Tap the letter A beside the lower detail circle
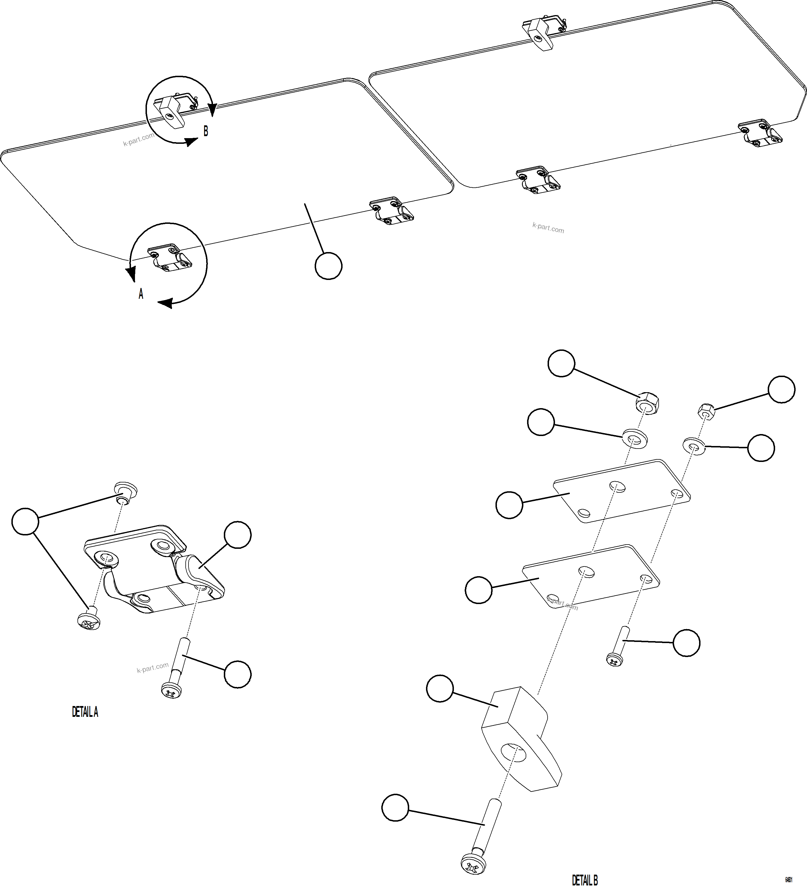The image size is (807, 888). click(x=141, y=294)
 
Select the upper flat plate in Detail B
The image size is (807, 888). click(x=621, y=491)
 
